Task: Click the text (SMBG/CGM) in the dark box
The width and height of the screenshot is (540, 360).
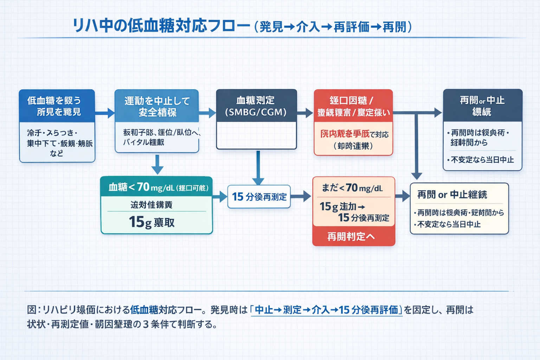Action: coord(256,112)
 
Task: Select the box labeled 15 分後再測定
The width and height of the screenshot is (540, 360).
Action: coord(259,197)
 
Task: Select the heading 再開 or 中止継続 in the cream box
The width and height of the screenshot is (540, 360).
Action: coord(452,194)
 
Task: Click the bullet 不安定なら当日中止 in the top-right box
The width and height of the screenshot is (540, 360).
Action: coord(482,160)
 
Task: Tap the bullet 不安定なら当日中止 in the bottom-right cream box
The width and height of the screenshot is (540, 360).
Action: coord(448,224)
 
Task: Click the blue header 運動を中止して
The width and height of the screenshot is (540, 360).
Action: coord(157,101)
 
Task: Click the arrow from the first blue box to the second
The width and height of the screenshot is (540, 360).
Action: coord(105,113)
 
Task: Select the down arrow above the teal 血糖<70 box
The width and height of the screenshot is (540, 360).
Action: coord(157,164)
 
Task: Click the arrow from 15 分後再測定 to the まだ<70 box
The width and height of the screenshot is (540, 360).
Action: coord(301,196)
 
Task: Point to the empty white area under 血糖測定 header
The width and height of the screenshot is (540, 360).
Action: coord(256,135)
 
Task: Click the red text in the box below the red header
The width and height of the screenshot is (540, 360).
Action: coord(345,134)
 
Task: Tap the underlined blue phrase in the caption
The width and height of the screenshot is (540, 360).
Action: coord(326,310)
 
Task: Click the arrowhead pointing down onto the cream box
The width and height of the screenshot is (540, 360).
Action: coord(417,176)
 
